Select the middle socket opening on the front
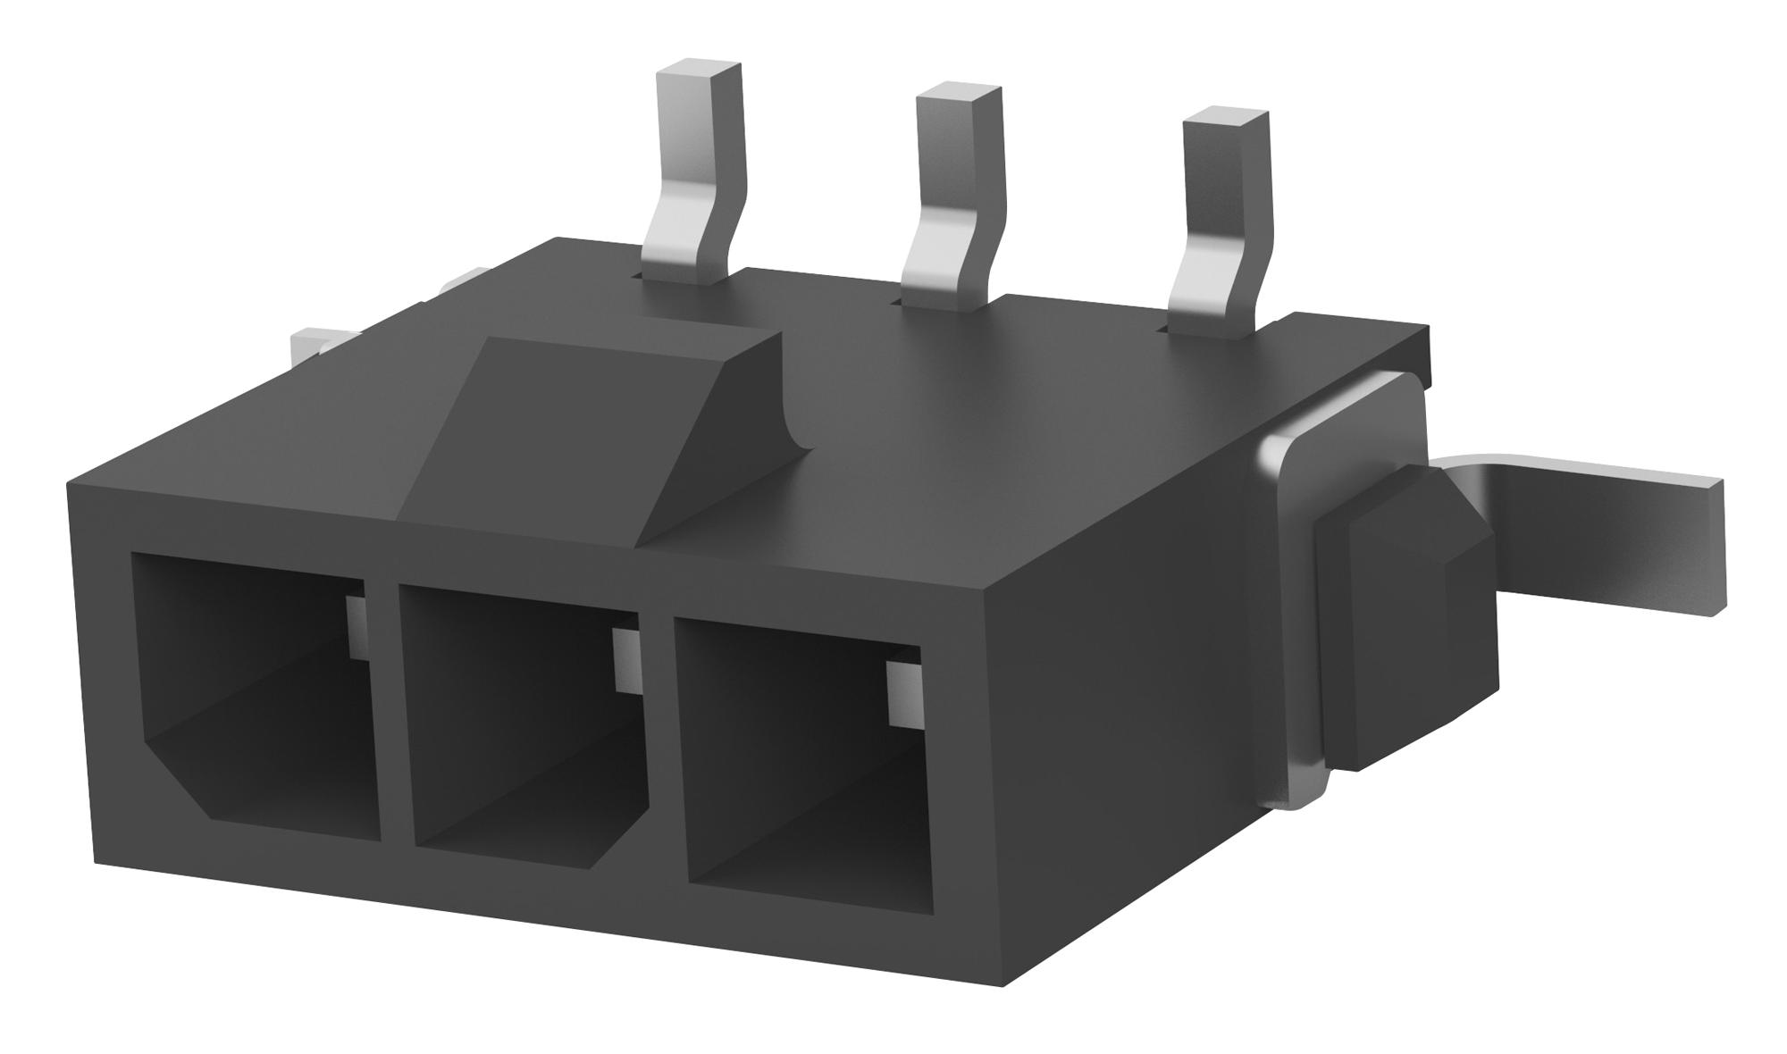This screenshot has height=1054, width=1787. coord(523,732)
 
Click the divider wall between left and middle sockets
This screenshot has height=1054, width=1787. coord(389,715)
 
